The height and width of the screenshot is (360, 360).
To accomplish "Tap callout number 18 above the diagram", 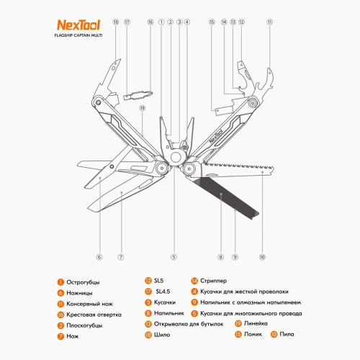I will (115, 22).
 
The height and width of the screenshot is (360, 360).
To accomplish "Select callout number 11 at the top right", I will (270, 22).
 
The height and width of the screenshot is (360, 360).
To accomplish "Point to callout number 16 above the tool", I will (150, 22).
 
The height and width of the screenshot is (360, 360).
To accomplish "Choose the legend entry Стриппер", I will (213, 281).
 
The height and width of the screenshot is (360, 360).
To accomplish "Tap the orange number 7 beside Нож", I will (60, 335).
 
